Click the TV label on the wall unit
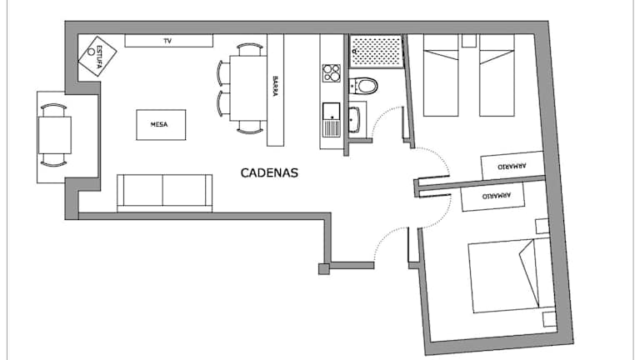pyautogui.click(x=167, y=41)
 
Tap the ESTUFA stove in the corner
pyautogui.click(x=97, y=57)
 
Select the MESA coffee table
pyautogui.click(x=161, y=124)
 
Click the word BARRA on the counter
pyautogui.click(x=275, y=86)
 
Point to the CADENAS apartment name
pyautogui.click(x=269, y=172)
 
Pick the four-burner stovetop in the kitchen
pyautogui.click(x=331, y=73)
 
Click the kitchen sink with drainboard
pyautogui.click(x=331, y=120)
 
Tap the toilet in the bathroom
pyautogui.click(x=363, y=86)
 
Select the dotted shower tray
pyautogui.click(x=376, y=52)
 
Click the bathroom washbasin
pyautogui.click(x=354, y=120)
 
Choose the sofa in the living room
pyautogui.click(x=164, y=193)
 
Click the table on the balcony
pyautogui.click(x=55, y=135)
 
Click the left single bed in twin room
pyautogui.click(x=441, y=75)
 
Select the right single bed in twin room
pyautogui.click(x=497, y=75)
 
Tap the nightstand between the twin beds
pyautogui.click(x=469, y=40)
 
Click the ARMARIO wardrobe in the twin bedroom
pyautogui.click(x=512, y=166)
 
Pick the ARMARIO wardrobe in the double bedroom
pyautogui.click(x=492, y=197)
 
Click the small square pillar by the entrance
pyautogui.click(x=323, y=269)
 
